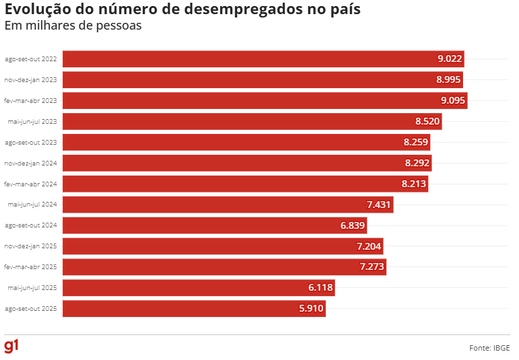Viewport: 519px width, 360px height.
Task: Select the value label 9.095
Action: point(452,101)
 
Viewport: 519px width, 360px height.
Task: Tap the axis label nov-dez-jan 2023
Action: point(30,79)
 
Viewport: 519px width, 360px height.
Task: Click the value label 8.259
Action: point(416,143)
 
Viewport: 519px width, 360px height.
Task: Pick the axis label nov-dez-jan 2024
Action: point(30,163)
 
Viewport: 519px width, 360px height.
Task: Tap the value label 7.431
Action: point(379,205)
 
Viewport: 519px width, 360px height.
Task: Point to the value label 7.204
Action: point(369,246)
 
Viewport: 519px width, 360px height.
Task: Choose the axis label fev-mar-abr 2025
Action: point(30,267)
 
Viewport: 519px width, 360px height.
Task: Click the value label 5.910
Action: point(312,309)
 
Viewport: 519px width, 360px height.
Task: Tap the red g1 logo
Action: point(11,346)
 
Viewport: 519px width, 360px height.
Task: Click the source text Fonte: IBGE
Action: point(489,348)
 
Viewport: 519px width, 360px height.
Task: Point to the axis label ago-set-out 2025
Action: point(30,309)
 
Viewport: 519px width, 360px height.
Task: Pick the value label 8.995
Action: point(448,79)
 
